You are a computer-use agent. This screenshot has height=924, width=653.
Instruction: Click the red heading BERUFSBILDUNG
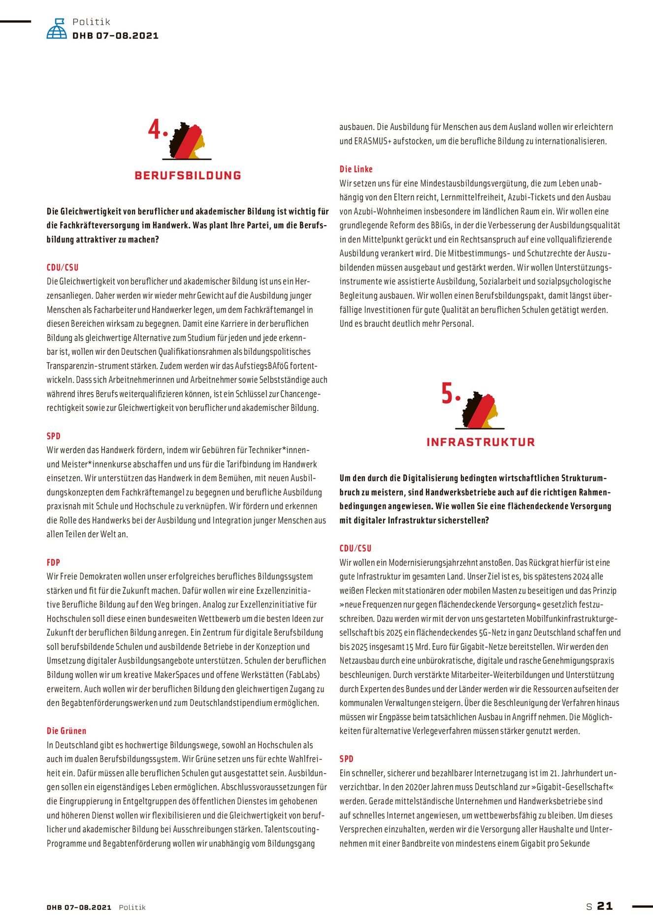(188, 175)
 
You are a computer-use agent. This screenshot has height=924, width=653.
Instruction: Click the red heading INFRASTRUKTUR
(480, 442)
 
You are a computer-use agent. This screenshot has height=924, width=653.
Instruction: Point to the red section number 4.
(156, 130)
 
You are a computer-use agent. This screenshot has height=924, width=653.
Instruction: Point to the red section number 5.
(448, 394)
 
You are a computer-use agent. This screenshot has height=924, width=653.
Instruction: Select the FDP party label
(53, 562)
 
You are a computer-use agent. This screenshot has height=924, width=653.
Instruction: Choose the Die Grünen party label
(66, 731)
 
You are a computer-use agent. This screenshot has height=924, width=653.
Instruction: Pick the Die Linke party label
(356, 169)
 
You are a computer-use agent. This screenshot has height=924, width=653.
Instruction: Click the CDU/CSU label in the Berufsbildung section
(63, 268)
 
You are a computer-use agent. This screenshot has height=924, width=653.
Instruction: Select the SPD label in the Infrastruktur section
(346, 759)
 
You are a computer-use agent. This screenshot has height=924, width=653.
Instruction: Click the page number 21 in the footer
(605, 906)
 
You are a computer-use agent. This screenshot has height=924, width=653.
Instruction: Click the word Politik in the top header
(92, 22)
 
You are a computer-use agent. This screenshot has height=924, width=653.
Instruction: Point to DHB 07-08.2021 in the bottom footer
(79, 907)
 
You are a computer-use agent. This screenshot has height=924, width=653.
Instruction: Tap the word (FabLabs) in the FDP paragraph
(302, 675)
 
